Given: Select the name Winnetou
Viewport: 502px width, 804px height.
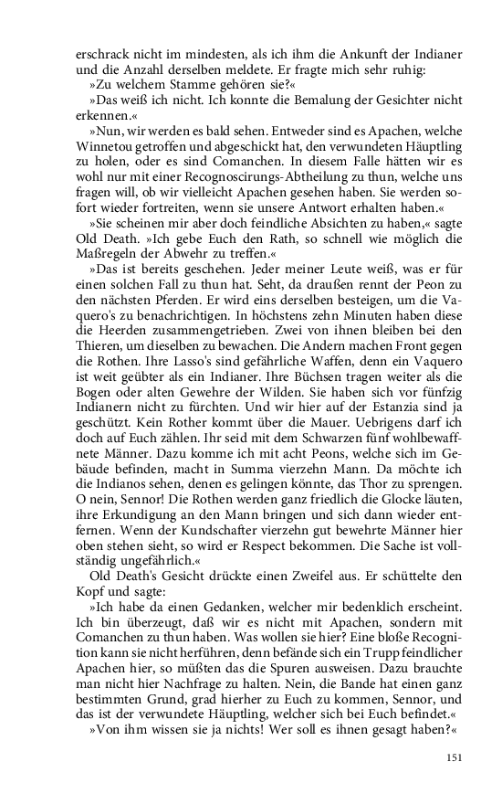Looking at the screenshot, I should (106, 148).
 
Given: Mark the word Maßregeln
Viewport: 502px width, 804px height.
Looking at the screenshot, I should (101, 263).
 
